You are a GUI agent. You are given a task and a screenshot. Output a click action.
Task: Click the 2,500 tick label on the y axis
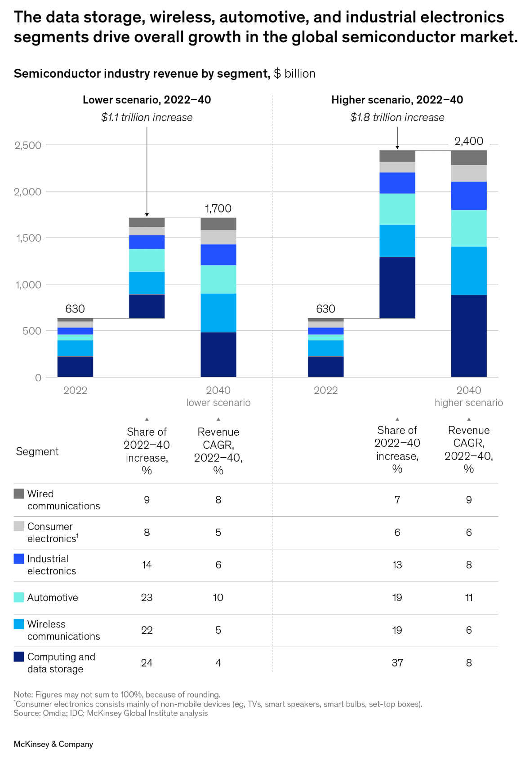click(28, 146)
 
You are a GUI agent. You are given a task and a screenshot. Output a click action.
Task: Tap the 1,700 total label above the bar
click(218, 208)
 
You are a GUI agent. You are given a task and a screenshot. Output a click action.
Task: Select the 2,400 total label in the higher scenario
click(468, 141)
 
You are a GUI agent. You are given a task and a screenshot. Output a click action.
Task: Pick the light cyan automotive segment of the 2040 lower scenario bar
click(218, 279)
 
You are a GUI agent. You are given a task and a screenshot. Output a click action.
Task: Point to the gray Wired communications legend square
click(19, 494)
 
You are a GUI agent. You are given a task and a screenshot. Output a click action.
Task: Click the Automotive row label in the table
click(53, 597)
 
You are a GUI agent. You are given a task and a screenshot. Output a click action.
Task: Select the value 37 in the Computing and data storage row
click(397, 663)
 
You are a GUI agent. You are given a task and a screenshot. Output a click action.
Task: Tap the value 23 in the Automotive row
click(147, 597)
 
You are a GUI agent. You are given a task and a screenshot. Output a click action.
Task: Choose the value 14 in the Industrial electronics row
click(147, 565)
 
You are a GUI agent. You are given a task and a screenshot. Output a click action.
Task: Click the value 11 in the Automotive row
click(468, 597)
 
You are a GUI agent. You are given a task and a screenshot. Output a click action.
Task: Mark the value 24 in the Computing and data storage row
click(147, 663)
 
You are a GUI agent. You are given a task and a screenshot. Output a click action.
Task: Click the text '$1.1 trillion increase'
click(147, 118)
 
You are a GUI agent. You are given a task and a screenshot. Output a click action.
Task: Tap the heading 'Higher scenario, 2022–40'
click(397, 100)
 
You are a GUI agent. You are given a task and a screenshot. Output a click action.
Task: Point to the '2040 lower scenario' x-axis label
click(218, 396)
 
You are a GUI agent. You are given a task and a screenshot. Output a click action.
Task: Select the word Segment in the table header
click(37, 451)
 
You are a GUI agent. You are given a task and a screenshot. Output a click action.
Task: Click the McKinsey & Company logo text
click(53, 744)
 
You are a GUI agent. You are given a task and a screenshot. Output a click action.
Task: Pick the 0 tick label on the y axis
click(38, 378)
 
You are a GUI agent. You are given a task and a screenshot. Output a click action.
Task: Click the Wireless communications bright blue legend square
click(19, 624)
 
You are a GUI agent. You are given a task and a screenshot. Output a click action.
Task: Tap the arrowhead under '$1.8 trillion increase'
click(397, 147)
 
